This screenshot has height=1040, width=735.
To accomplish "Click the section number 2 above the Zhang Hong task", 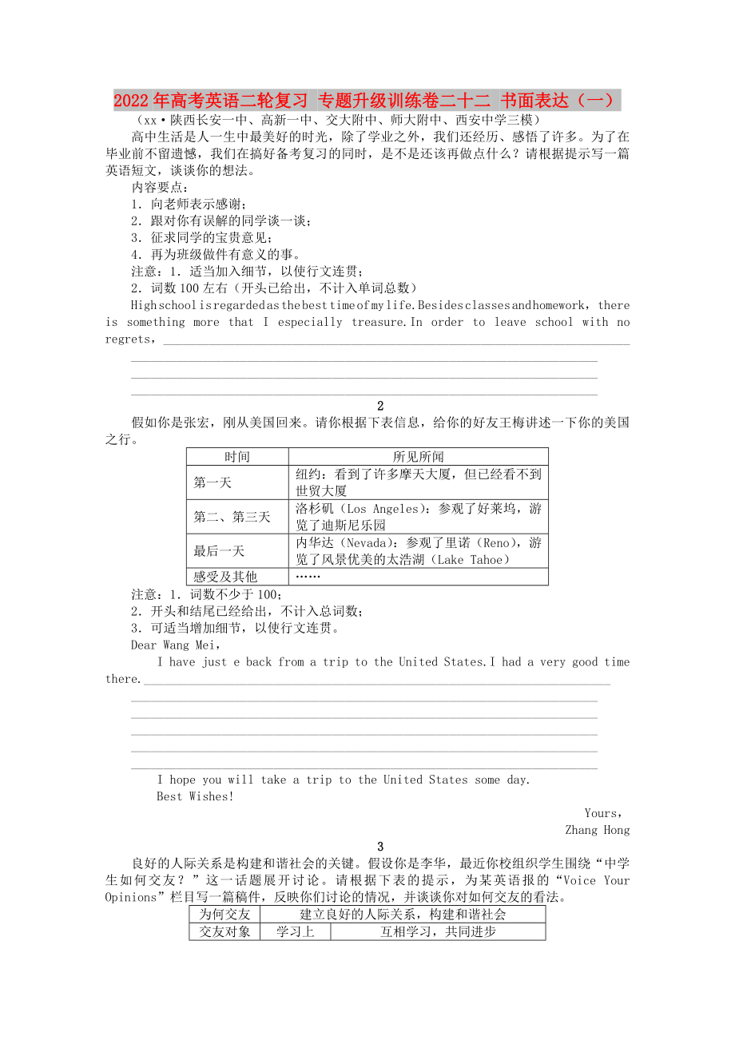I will [380, 406].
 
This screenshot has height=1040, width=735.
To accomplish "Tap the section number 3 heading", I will [380, 847].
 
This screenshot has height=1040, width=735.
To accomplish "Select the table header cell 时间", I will [237, 457].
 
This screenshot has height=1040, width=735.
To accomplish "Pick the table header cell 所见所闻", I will [418, 457].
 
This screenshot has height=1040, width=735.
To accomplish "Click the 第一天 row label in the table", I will [213, 482].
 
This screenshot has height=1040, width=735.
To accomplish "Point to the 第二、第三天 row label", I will [232, 517].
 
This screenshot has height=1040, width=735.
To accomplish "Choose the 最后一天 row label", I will [219, 551].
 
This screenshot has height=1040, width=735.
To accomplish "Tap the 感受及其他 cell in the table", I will [225, 577].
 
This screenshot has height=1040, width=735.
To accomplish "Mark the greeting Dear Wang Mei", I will [175, 645].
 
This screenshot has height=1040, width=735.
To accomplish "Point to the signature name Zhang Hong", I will [597, 830].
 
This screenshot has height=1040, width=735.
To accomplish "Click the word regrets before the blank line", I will [129, 339].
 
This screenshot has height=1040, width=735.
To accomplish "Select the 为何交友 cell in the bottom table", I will [224, 915].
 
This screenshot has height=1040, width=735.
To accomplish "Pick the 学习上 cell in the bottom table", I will [295, 931].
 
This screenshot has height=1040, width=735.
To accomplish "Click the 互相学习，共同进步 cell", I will [438, 931].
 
